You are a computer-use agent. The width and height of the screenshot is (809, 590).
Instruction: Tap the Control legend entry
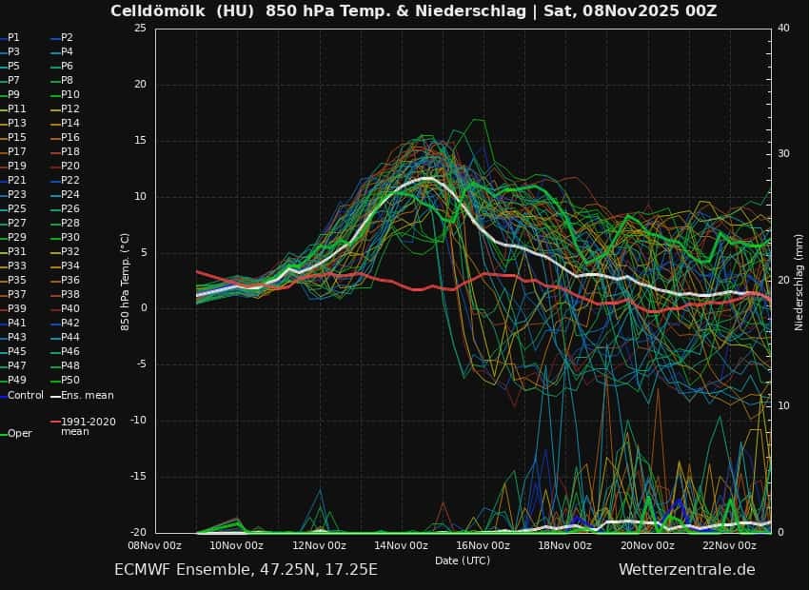click(26, 394)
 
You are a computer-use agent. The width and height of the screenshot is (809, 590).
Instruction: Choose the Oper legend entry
click(19, 433)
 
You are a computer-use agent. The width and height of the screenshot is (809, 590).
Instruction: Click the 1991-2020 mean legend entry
click(88, 425)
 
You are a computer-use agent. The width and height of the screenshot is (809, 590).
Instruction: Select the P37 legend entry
click(17, 294)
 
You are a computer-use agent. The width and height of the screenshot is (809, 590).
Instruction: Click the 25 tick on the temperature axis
click(140, 28)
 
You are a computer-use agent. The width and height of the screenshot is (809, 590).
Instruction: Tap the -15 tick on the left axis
click(138, 477)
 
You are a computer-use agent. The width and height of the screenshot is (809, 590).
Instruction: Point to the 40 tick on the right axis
click(783, 28)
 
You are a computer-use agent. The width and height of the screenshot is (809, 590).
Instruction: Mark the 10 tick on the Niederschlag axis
click(783, 406)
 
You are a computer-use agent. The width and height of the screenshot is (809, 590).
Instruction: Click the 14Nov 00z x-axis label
click(401, 545)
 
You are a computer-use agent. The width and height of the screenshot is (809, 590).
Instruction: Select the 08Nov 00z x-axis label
click(154, 545)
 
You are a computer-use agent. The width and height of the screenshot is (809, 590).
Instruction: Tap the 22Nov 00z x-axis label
click(730, 545)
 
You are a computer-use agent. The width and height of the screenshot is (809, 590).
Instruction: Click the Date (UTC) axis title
click(463, 560)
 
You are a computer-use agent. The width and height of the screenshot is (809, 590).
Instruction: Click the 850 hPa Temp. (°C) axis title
click(125, 282)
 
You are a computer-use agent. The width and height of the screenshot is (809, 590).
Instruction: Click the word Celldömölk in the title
click(154, 11)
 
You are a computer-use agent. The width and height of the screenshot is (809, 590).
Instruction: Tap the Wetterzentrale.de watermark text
click(686, 569)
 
